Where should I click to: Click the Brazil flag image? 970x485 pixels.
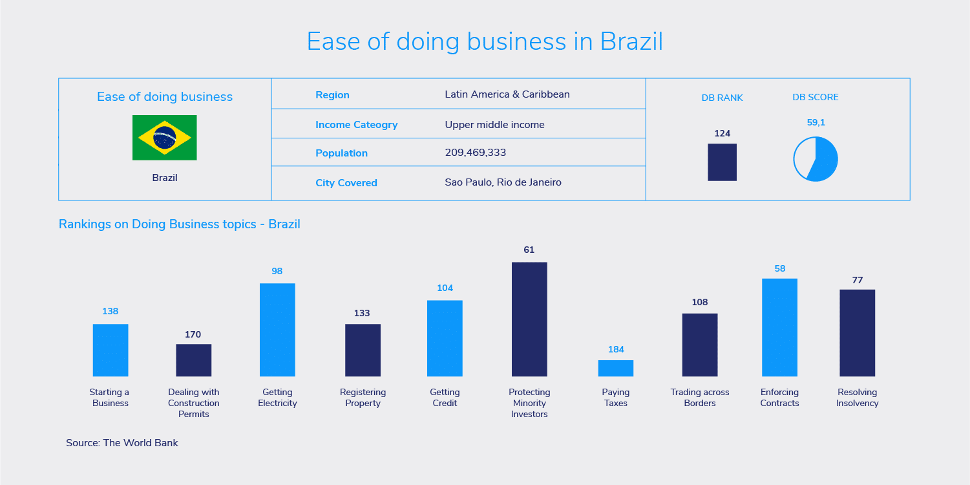coord(164,138)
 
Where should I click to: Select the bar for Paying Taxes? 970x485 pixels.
coord(615,368)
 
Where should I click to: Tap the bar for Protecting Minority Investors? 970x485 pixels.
coord(529,319)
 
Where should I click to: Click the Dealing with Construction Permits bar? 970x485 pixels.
coord(193,360)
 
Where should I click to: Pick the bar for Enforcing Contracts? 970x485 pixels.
coord(779,327)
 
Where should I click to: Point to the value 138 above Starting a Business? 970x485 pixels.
coord(111,311)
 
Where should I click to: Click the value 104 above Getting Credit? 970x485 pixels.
coord(445,288)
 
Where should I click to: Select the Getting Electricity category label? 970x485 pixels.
coord(277,398)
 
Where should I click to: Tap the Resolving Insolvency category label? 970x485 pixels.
coord(857,398)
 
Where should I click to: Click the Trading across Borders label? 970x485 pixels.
coord(699,398)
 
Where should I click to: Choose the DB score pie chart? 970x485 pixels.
coord(816,159)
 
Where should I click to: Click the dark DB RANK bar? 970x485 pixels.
coord(722,162)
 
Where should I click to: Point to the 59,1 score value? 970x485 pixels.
coord(816,122)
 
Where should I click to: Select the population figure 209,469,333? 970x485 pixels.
coord(475,153)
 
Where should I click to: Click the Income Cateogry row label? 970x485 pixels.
coord(356,125)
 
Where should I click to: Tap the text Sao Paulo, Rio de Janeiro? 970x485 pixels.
coord(503,182)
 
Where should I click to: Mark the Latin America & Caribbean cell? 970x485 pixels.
coord(507,94)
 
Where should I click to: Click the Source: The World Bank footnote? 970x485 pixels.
coord(122,443)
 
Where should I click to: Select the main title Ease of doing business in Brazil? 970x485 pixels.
coord(485,41)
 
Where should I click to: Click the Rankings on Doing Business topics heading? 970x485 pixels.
coord(179,224)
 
